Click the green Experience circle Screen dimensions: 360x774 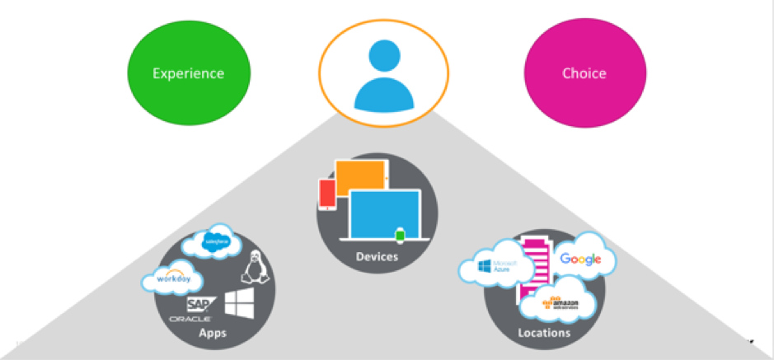(x=188, y=73)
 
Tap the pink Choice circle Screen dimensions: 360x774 (x=584, y=73)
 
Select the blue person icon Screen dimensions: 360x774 (x=383, y=75)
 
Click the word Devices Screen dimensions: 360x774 (x=377, y=257)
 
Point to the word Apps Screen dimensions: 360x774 (x=213, y=333)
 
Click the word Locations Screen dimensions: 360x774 (x=544, y=333)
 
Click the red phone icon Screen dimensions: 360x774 (x=327, y=194)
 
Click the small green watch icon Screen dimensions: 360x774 (x=401, y=236)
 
